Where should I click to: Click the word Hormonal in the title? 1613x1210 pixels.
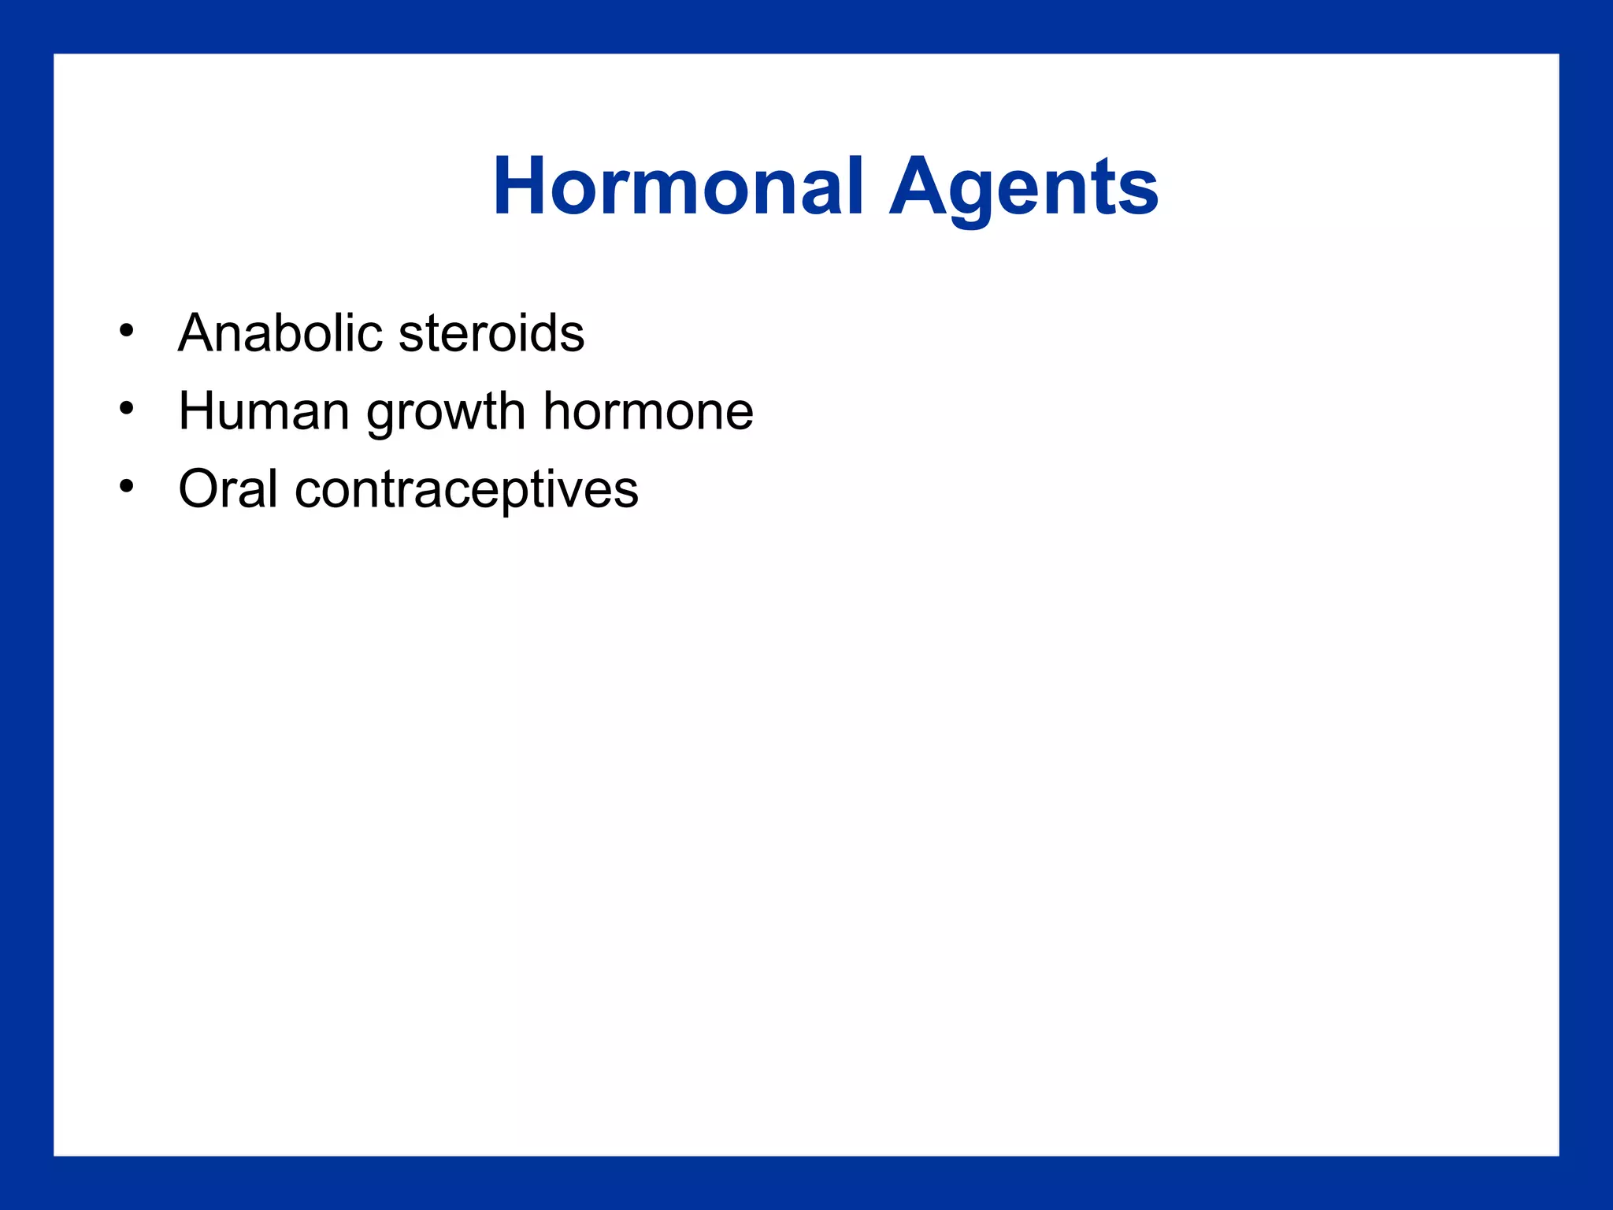[x=678, y=187]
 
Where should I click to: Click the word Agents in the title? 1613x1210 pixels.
[x=1023, y=187]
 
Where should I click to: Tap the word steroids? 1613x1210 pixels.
[x=491, y=332]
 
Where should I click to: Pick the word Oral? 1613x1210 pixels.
[x=228, y=488]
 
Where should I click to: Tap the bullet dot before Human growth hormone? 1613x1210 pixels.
[x=127, y=409]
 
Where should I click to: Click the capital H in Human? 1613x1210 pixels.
[x=198, y=411]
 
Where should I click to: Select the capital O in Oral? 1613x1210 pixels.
[x=201, y=488]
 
